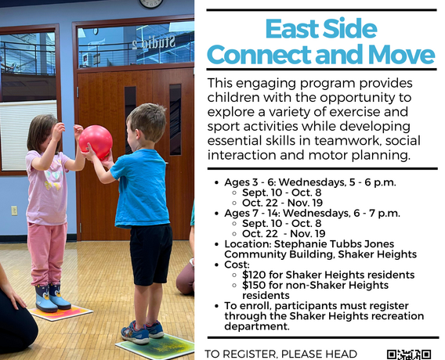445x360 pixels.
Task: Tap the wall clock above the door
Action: click(x=151, y=3)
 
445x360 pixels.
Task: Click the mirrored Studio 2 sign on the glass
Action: click(x=154, y=42)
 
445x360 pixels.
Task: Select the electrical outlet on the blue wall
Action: click(x=14, y=211)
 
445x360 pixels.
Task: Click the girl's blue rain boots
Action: click(x=52, y=297)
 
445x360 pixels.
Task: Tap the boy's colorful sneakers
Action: click(x=143, y=333)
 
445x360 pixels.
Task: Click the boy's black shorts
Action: click(x=150, y=254)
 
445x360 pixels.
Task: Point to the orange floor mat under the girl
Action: click(x=61, y=312)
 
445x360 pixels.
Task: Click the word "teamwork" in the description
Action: click(x=348, y=141)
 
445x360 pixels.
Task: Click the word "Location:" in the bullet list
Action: click(x=248, y=243)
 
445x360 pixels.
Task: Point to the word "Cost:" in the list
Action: click(x=237, y=265)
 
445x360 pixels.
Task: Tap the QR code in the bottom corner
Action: click(x=409, y=355)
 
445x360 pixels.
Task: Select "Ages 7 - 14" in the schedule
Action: click(x=252, y=213)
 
